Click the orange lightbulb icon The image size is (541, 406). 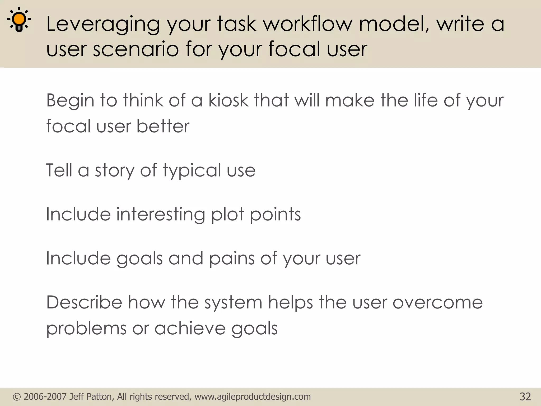click(19, 20)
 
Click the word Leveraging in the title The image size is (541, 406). click(103, 24)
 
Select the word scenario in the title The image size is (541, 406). click(136, 49)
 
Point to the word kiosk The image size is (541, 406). click(228, 100)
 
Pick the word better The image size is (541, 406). click(163, 126)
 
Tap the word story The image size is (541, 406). click(115, 170)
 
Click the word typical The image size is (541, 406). click(192, 170)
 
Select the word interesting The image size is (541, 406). click(161, 214)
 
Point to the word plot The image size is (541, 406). click(227, 214)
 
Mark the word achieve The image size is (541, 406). click(190, 328)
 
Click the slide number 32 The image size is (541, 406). click(525, 397)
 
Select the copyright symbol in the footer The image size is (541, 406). click(17, 397)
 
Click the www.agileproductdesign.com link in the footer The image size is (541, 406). click(253, 397)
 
